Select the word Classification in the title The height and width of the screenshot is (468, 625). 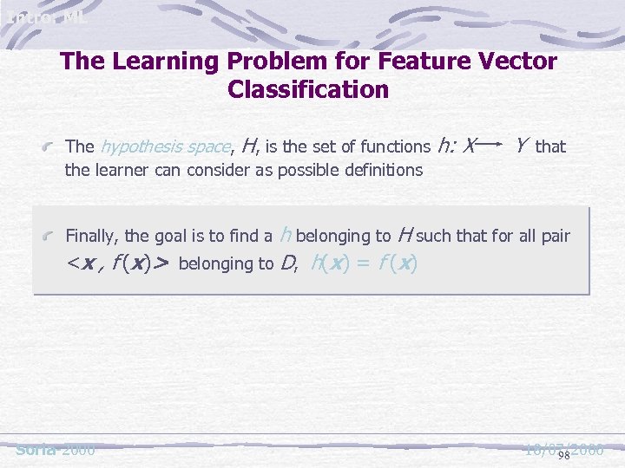[308, 89]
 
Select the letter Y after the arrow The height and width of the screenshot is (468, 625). [519, 145]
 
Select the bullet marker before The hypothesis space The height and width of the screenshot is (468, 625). [53, 147]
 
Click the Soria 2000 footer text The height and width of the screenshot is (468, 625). [56, 450]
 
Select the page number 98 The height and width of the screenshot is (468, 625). [563, 454]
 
